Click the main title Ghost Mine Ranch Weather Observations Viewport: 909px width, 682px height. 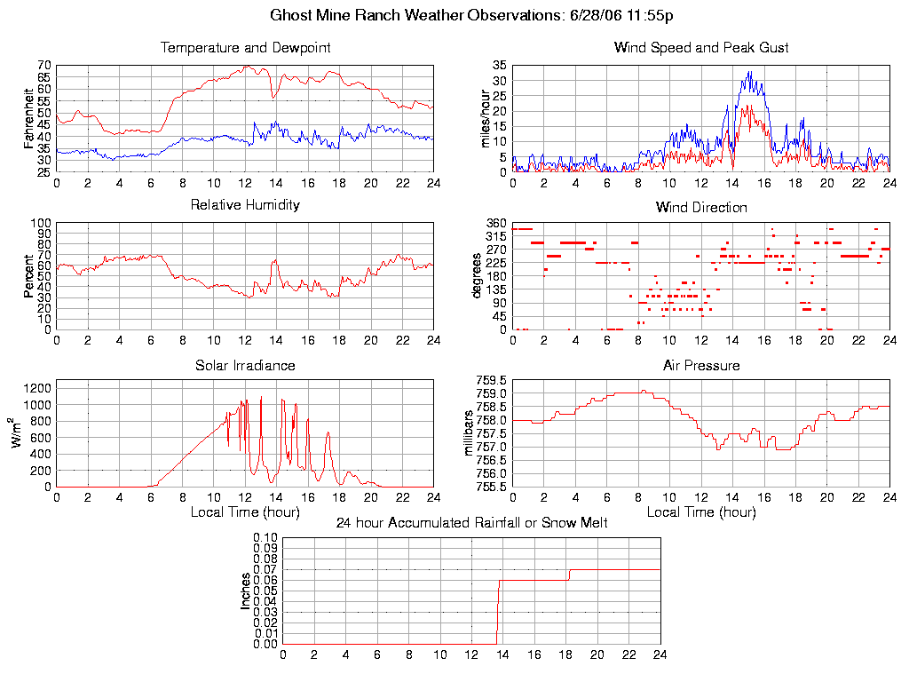[x=471, y=16]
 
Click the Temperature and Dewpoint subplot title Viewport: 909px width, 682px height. [x=245, y=48]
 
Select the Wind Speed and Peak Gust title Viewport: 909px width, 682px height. [x=701, y=48]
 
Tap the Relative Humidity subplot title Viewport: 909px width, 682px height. [x=245, y=205]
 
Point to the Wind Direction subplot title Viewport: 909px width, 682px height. [x=701, y=208]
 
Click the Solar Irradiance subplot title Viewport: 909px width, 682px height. [x=245, y=366]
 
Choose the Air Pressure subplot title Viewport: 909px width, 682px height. [x=701, y=366]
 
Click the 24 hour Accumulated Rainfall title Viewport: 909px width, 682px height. [x=471, y=523]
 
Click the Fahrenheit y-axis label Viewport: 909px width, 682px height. [x=29, y=118]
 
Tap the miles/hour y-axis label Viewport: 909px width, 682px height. [x=485, y=118]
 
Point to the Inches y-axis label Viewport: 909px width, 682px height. [x=245, y=591]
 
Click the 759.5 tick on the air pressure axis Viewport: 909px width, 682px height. [x=491, y=380]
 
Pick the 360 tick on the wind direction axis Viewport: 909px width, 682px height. [x=496, y=223]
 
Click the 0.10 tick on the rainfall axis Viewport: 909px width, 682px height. [x=265, y=537]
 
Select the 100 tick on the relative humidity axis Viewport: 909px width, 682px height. [x=41, y=223]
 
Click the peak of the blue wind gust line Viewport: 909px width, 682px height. [x=750, y=71]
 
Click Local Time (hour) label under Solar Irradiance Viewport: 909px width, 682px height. [x=245, y=511]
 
